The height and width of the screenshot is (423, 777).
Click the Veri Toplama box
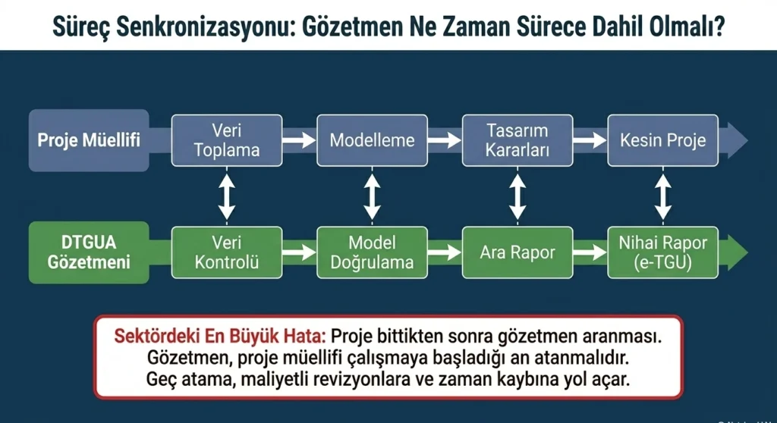pos(227,140)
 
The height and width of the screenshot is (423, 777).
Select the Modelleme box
pos(372,140)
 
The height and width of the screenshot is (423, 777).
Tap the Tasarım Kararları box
pos(517,140)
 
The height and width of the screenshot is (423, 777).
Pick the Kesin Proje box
pos(663,140)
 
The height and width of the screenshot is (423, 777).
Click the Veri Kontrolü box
pos(227,252)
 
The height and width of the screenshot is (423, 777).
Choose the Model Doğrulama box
pos(372,252)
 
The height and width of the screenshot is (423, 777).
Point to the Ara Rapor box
pos(517,252)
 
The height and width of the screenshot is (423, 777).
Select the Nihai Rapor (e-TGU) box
pos(663,252)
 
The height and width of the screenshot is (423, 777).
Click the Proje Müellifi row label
pos(89,140)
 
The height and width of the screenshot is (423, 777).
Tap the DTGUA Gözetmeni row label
pos(89,252)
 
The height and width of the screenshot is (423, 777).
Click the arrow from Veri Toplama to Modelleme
pos(299,140)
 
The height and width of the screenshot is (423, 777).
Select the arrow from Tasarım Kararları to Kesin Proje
pos(590,140)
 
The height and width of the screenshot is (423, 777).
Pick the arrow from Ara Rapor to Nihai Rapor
pos(590,252)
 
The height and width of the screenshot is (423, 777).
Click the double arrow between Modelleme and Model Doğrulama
pos(372,196)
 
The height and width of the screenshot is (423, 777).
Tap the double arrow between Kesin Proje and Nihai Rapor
pos(663,196)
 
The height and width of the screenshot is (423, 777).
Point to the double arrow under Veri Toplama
pos(227,196)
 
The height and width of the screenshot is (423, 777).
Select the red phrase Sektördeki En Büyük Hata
pos(219,337)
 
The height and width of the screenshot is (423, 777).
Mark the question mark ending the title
pos(719,26)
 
